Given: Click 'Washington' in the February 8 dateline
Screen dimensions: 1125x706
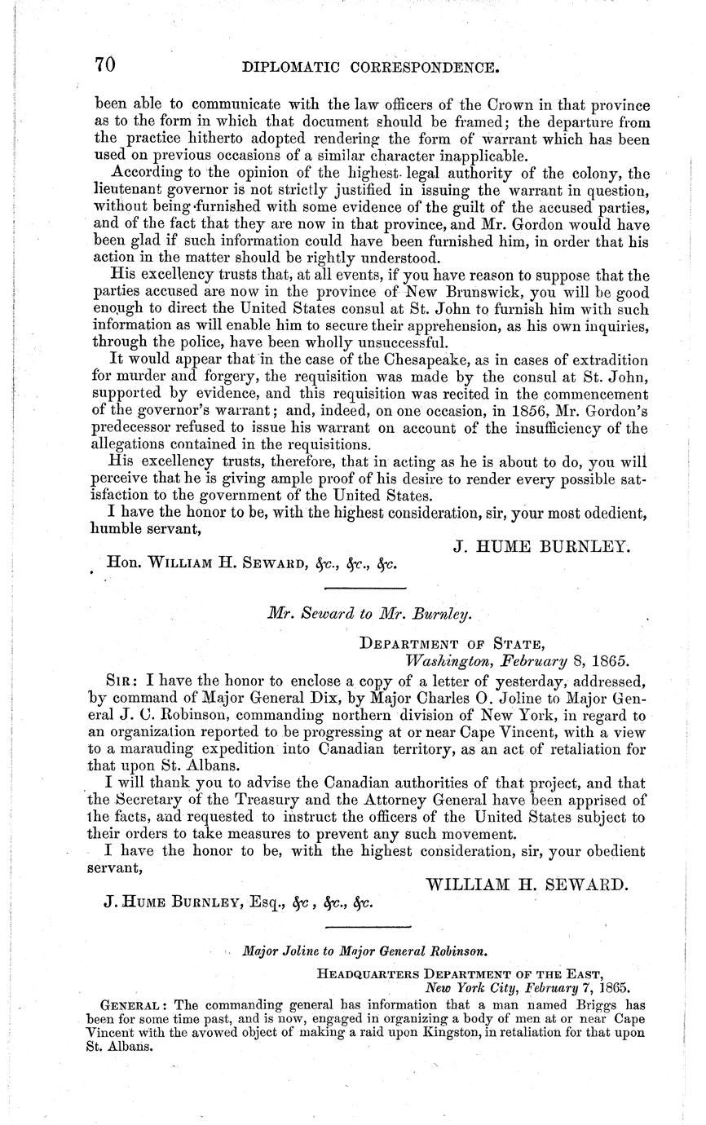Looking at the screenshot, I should coord(446,660).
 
